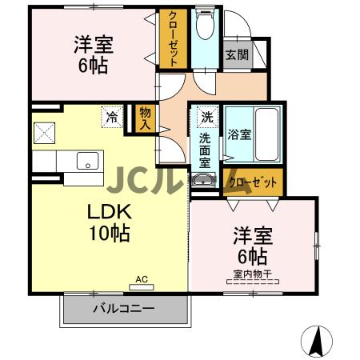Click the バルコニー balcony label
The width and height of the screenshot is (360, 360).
[124, 308]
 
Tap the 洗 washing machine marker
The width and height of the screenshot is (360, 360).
[206, 117]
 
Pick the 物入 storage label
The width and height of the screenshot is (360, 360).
[145, 118]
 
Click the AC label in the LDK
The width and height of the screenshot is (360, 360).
[142, 279]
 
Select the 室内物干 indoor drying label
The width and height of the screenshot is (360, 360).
[253, 275]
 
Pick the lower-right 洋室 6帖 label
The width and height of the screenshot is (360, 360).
[253, 246]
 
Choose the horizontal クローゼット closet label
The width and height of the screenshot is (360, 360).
[254, 182]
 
